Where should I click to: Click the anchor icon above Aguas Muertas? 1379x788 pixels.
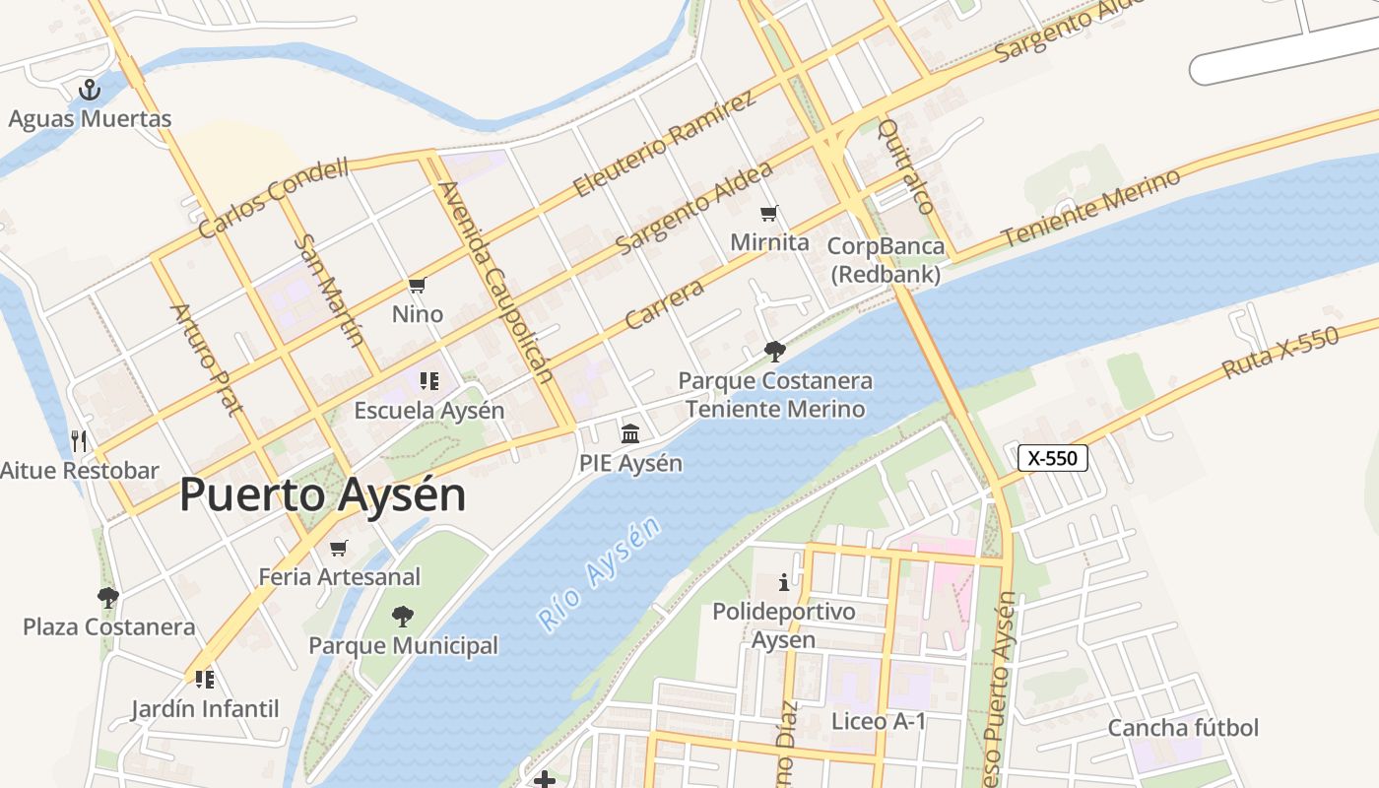click(x=90, y=90)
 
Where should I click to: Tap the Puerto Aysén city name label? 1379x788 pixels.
click(x=322, y=494)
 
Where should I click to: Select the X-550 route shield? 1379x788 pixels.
click(x=1052, y=457)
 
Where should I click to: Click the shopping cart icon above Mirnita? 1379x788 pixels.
click(x=769, y=213)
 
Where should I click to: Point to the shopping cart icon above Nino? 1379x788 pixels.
click(x=417, y=286)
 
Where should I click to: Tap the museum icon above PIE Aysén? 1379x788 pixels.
click(x=630, y=433)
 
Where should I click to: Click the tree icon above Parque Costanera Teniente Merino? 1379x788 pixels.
click(x=775, y=351)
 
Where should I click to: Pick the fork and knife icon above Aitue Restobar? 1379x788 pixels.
click(x=79, y=440)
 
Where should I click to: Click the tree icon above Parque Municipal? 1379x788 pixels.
click(x=402, y=617)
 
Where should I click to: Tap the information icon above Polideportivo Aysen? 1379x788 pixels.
click(x=784, y=582)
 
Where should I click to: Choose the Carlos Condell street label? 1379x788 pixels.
click(x=274, y=198)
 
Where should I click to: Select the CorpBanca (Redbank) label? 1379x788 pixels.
click(x=886, y=260)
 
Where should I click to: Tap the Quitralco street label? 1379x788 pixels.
click(x=904, y=166)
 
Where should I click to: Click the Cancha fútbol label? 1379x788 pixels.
click(x=1183, y=728)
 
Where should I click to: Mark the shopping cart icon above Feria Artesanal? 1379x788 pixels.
click(x=339, y=548)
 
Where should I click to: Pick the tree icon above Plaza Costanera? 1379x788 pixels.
click(x=107, y=597)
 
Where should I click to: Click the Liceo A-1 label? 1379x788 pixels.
click(x=879, y=721)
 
